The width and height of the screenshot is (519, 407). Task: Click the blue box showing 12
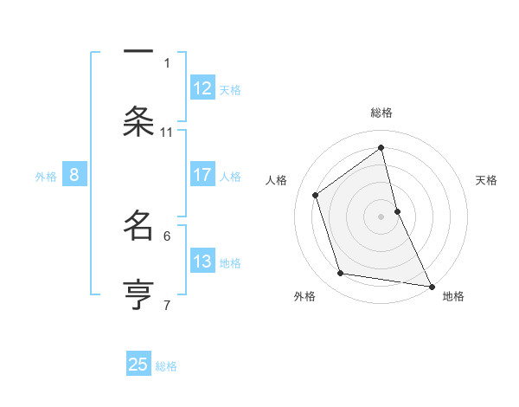click(x=202, y=88)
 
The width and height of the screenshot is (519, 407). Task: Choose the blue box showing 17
click(x=202, y=175)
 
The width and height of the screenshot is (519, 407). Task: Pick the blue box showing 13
click(x=202, y=262)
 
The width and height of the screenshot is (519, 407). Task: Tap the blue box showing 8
click(x=74, y=175)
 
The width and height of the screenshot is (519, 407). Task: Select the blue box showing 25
click(x=138, y=365)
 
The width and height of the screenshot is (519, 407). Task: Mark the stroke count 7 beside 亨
click(x=167, y=305)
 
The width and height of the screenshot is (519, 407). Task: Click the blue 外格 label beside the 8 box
click(x=46, y=177)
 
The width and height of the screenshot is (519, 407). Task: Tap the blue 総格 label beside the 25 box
click(x=166, y=366)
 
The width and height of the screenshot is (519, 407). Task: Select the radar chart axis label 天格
click(x=486, y=180)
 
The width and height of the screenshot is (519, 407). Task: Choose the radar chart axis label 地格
click(x=453, y=296)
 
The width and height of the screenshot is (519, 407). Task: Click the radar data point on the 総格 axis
click(x=381, y=147)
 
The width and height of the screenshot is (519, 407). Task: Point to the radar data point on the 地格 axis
click(x=431, y=286)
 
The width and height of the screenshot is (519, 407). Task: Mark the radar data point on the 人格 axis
click(x=316, y=195)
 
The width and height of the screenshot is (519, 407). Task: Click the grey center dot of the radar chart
click(x=381, y=216)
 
